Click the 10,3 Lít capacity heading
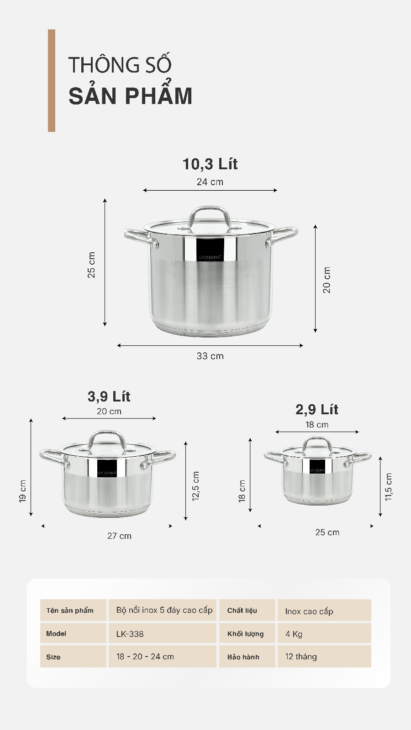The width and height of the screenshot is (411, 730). point(210,164)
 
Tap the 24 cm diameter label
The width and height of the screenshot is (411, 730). point(210,182)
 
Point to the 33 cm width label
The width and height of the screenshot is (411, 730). point(210,356)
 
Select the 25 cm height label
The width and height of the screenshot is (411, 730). point(91,265)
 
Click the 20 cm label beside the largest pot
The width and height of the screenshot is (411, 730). point(327,280)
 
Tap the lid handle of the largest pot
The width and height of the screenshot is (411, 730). point(209,211)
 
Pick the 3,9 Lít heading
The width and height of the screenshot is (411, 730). point(109,396)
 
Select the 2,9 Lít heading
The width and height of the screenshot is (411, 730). point(316,409)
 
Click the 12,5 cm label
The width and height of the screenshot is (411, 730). point(196,486)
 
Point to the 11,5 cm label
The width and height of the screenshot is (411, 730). point(389,487)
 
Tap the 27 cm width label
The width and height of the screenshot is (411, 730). point(119,536)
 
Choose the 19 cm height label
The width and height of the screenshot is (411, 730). point(23,491)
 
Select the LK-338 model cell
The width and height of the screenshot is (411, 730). point(130,634)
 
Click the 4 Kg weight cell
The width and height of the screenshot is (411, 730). point(294,634)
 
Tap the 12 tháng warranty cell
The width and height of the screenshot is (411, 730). point(301,657)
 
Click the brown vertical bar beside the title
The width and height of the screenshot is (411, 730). point(52,81)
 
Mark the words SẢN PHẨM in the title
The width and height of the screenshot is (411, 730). point(131,96)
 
